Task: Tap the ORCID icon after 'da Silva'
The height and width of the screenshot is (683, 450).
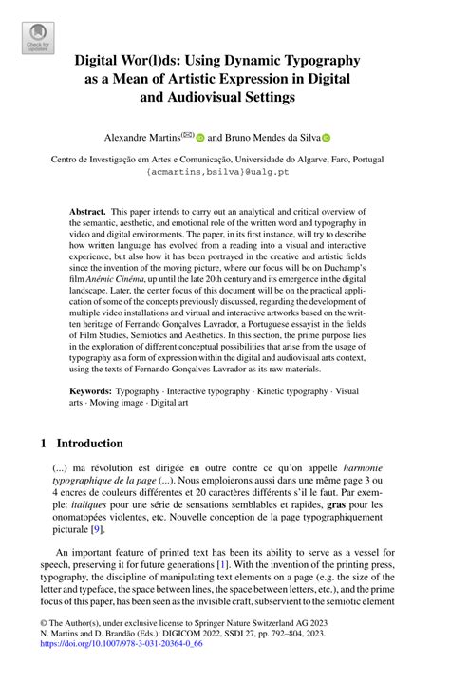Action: pos(327,137)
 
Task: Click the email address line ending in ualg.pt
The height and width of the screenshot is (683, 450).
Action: pos(224,174)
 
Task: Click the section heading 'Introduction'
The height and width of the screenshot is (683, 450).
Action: pos(89,444)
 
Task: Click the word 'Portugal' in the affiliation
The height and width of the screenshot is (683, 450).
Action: pos(380,161)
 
